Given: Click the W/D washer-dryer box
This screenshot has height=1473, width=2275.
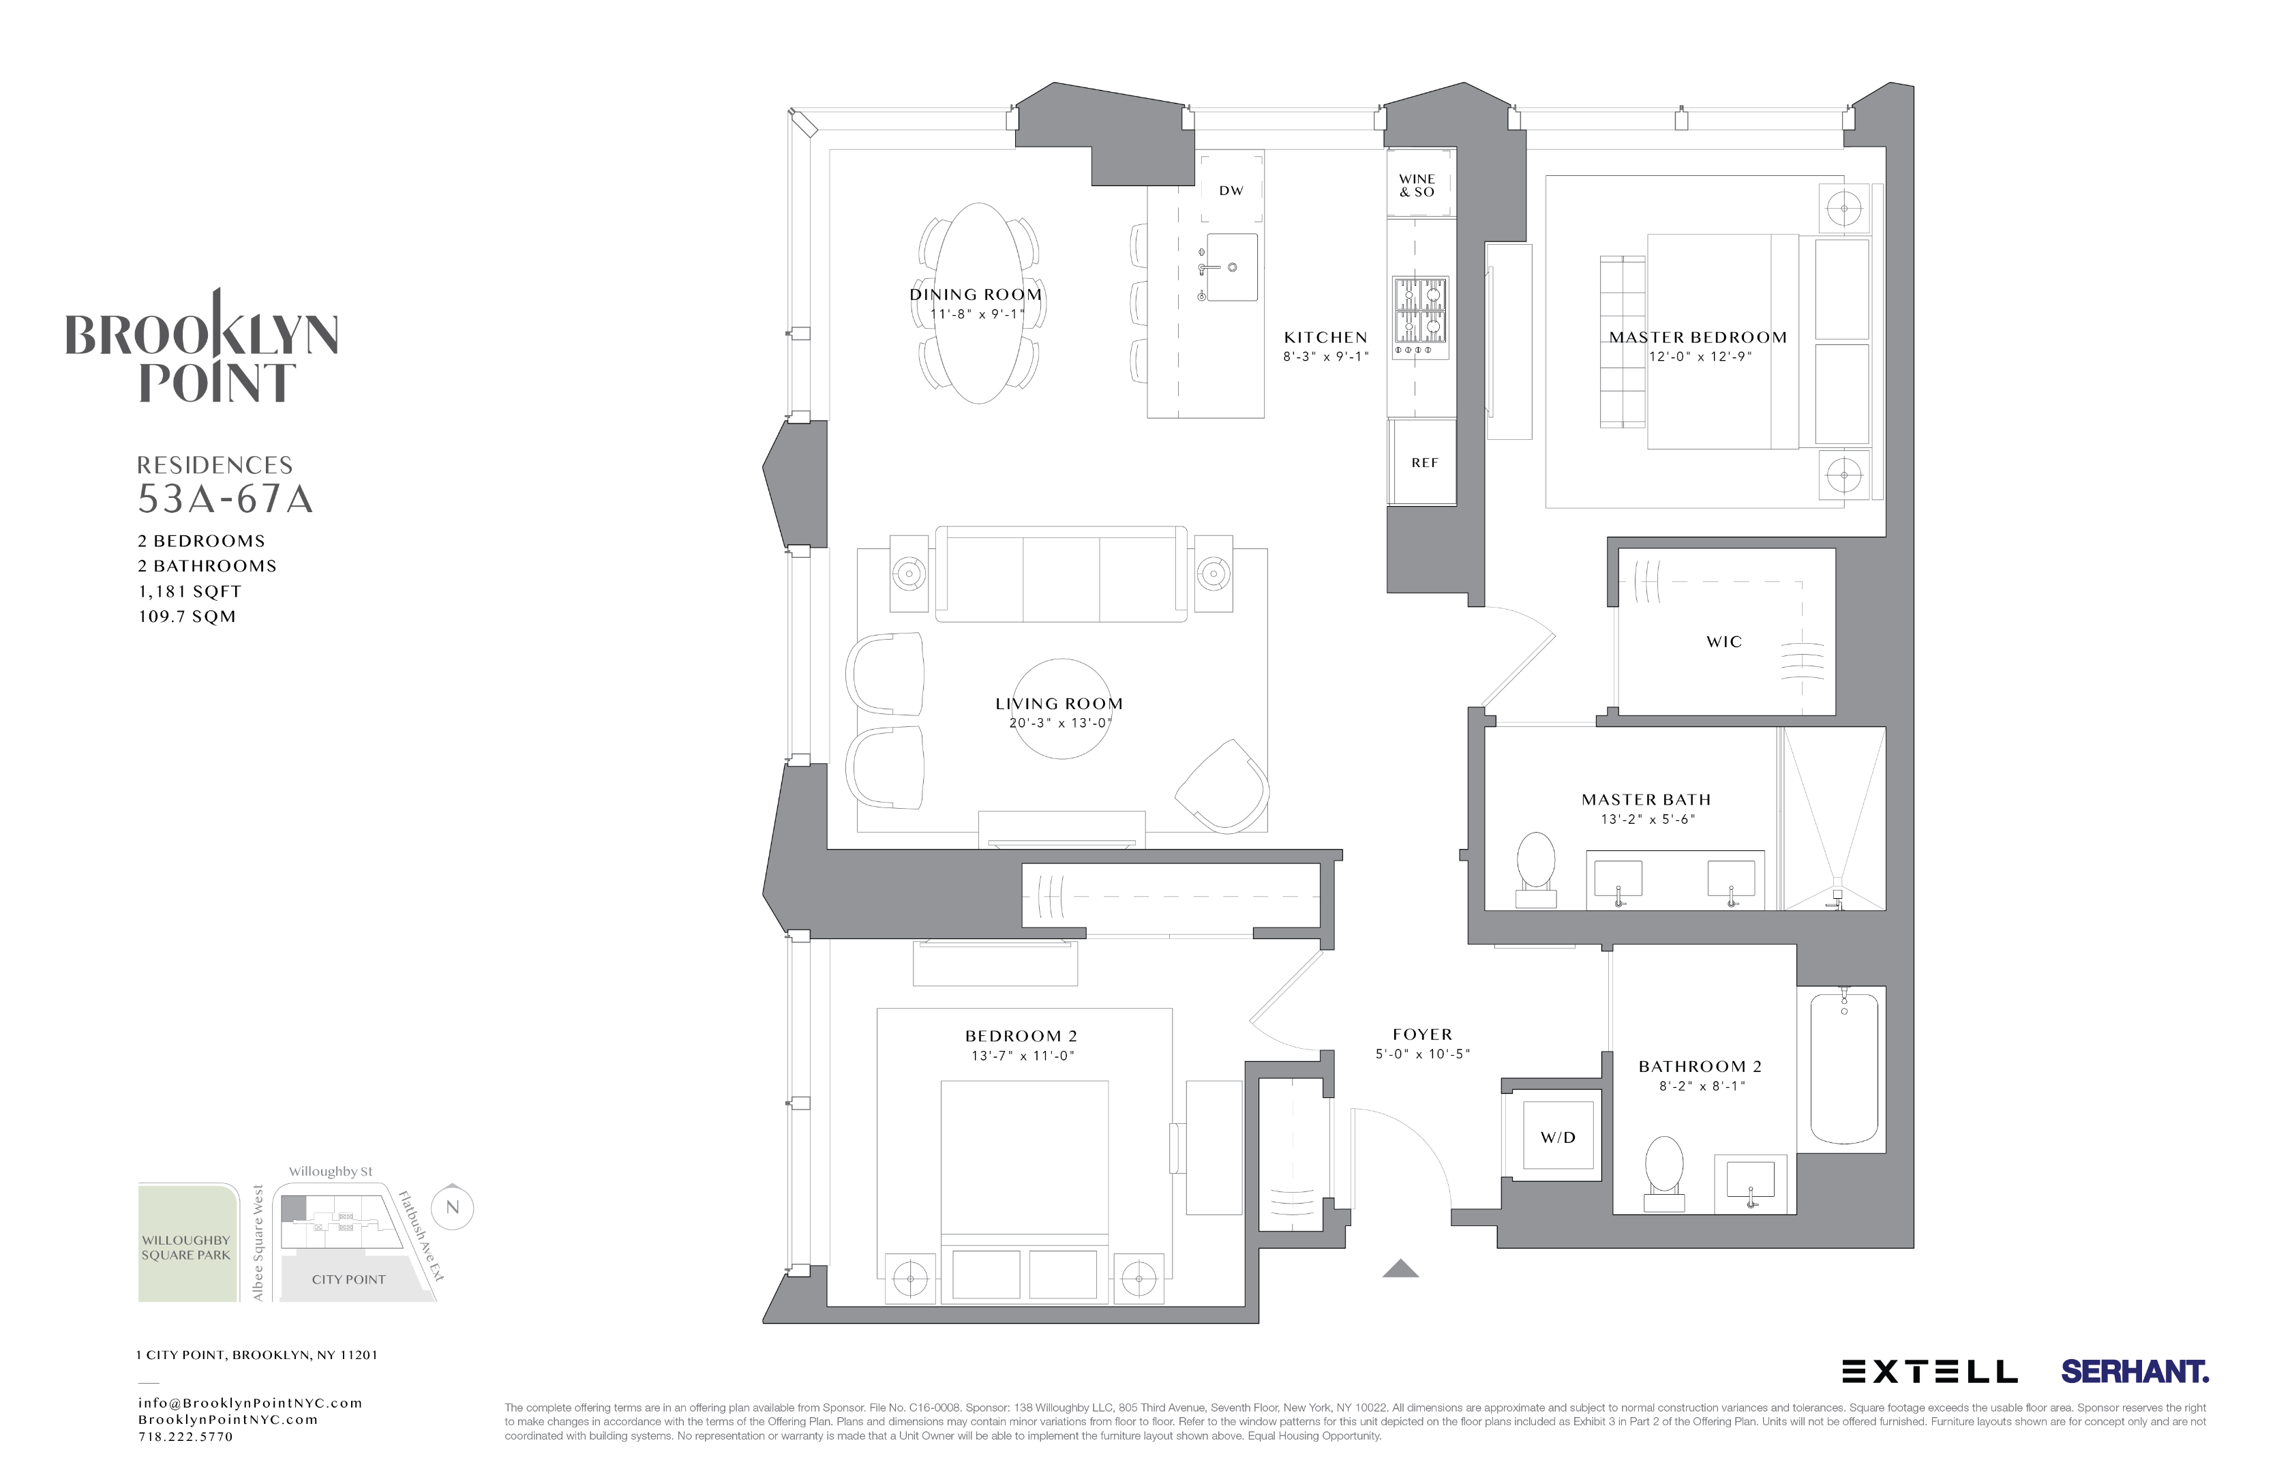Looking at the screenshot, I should [1557, 1137].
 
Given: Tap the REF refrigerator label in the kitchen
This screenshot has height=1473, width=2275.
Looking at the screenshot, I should [1423, 462].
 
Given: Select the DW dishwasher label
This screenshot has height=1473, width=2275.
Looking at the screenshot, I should [1231, 191].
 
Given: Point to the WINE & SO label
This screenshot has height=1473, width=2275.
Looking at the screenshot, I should [1417, 185].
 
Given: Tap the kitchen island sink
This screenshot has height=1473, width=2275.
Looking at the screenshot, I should [1231, 267].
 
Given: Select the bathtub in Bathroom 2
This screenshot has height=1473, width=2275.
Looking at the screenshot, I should [1844, 1068].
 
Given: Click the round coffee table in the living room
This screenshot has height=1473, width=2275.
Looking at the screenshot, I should [1061, 709].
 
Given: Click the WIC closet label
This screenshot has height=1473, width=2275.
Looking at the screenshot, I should [1723, 642].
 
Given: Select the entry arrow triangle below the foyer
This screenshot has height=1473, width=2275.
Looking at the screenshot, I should [1400, 1268].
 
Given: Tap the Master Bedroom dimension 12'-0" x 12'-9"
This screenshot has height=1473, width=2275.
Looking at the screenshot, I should [1700, 357].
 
